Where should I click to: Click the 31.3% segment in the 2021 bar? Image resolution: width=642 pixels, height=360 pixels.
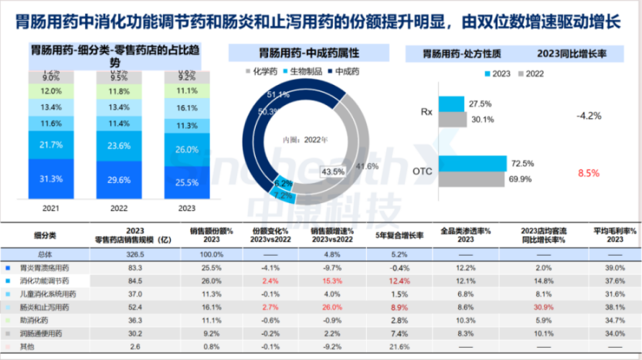pyautogui.click(x=52, y=178)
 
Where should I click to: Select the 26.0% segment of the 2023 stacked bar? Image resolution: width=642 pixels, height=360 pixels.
pyautogui.click(x=186, y=149)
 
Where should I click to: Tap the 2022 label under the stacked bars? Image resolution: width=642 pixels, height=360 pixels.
pyautogui.click(x=119, y=207)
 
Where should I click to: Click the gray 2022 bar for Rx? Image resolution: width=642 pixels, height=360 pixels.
pyautogui.click(x=452, y=119)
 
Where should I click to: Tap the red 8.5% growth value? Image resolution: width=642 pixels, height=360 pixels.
pyautogui.click(x=589, y=173)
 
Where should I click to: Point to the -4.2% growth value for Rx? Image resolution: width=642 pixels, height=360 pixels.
pyautogui.click(x=589, y=117)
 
